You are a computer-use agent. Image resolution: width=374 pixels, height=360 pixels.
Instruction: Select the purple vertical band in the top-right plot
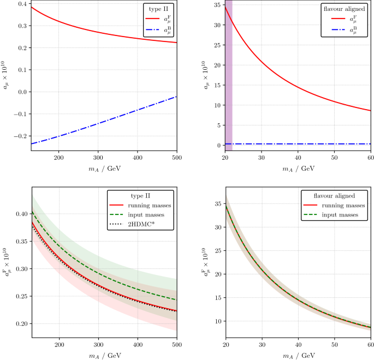pyautogui.click(x=229, y=76)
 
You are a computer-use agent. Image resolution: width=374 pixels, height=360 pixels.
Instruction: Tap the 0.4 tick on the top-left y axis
pyautogui.click(x=22, y=4)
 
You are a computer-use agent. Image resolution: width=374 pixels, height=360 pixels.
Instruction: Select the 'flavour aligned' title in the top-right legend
pyautogui.click(x=344, y=10)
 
